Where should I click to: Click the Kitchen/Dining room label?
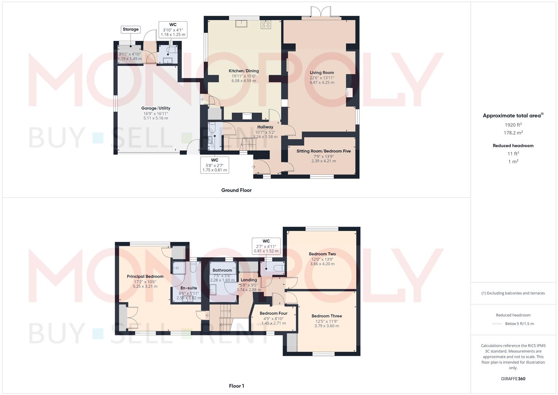[244, 71]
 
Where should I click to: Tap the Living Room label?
[322, 72]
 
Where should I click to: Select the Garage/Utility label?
[156, 108]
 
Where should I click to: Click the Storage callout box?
[130, 29]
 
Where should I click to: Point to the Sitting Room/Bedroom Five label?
[323, 151]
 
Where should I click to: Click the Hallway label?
[265, 127]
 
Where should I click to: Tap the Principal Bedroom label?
[145, 276]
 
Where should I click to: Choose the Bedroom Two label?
[322, 254]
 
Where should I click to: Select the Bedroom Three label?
[327, 316]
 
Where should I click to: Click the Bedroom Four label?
[273, 313]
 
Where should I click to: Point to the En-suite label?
[189, 288]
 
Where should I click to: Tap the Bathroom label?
[222, 270]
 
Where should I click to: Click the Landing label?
[249, 280]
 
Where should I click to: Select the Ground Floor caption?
[236, 190]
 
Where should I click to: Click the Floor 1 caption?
[236, 386]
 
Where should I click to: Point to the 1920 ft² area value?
[513, 125]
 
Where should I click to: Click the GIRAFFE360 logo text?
[513, 379]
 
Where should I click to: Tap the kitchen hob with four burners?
[265, 25]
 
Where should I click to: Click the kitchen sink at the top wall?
[241, 24]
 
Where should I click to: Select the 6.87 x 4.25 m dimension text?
[322, 83]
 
